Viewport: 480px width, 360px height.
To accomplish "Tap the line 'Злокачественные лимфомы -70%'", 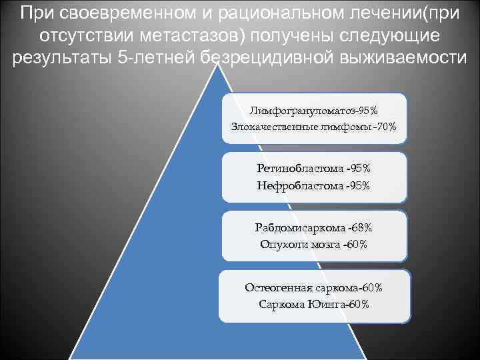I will [x=313, y=126].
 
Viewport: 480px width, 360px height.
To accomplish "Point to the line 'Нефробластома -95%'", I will [x=313, y=185].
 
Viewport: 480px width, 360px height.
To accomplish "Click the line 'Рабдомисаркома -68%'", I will [x=313, y=227].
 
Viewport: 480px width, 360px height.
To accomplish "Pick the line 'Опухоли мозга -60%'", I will [x=313, y=245].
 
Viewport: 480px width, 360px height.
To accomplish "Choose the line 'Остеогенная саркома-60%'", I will [x=313, y=287].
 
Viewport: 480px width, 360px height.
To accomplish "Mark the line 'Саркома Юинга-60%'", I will [x=313, y=304].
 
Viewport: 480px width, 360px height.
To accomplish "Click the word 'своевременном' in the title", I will [x=123, y=13].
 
